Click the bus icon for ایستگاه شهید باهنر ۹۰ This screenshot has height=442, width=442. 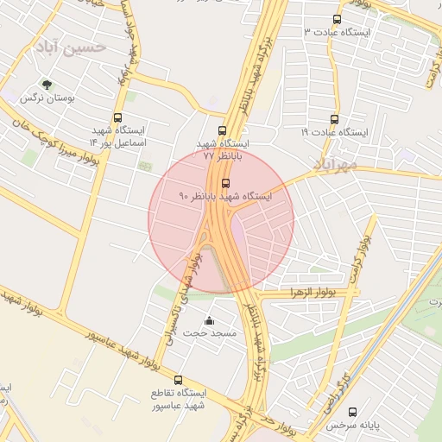(226, 183)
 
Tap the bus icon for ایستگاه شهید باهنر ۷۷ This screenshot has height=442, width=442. (222, 131)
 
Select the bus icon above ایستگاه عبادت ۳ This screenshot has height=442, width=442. (336, 19)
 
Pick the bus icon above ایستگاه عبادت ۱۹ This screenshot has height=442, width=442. (334, 120)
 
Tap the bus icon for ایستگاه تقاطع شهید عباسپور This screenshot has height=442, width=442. (179, 380)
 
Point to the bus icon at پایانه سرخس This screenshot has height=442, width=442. (352, 413)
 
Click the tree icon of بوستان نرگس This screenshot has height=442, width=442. (46, 85)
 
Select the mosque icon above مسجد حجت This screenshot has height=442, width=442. (207, 321)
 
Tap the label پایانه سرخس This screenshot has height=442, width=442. (352, 426)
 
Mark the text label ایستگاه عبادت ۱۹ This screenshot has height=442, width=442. (334, 133)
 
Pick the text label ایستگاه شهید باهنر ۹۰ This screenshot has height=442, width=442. (225, 197)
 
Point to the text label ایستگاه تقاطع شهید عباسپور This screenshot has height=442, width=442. (179, 399)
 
